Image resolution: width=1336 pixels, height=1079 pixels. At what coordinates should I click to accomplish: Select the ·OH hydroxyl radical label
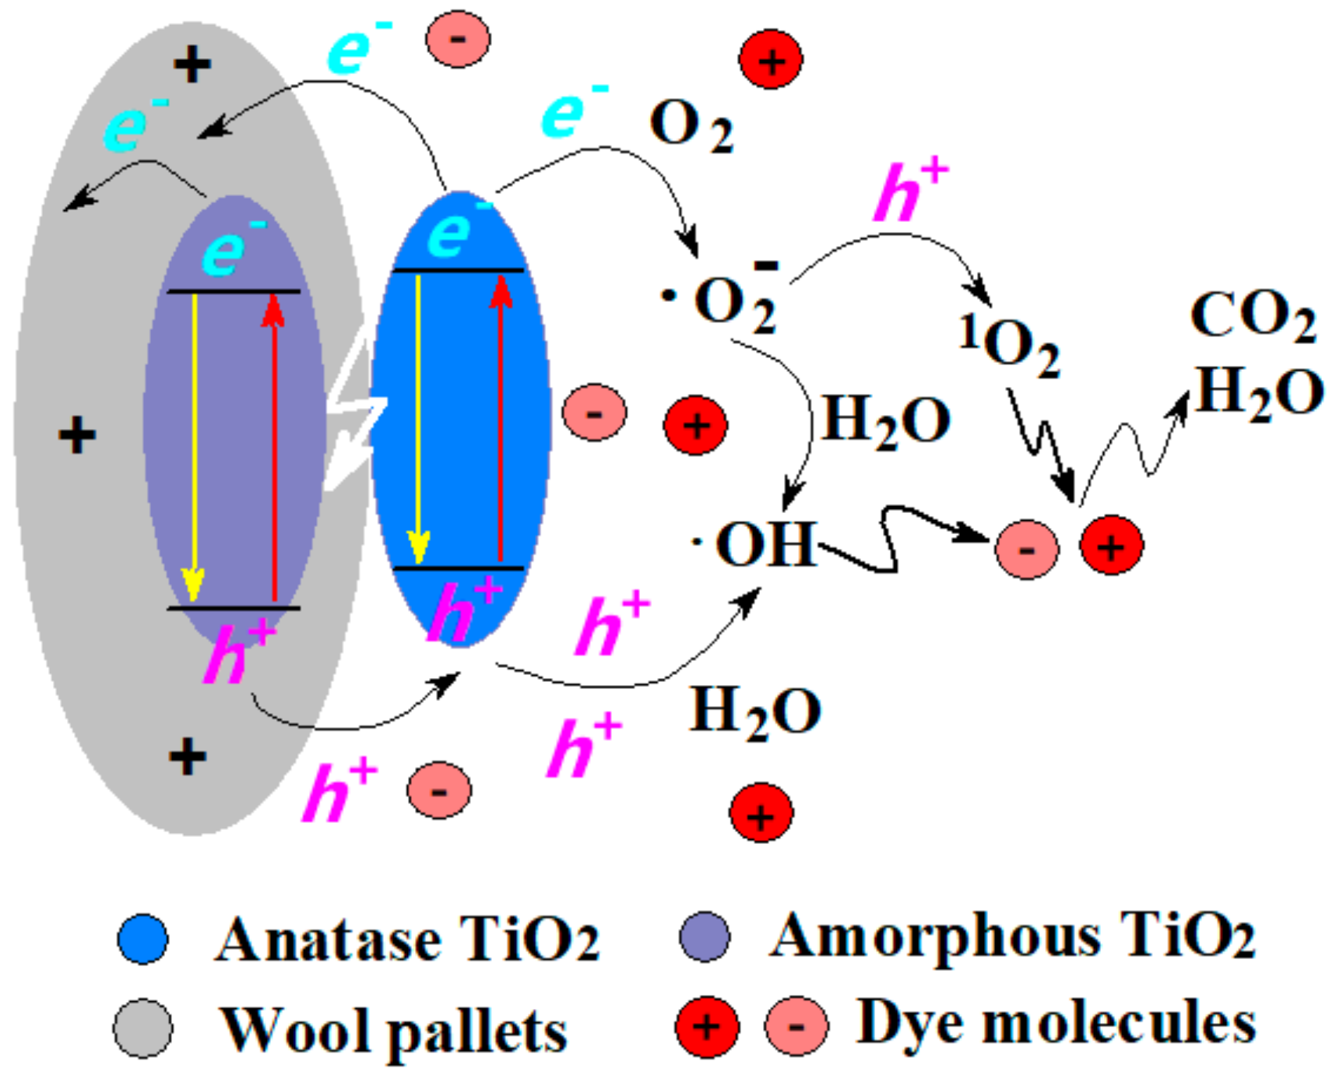coord(754,544)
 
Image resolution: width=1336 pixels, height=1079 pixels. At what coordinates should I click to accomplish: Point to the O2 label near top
coord(690,126)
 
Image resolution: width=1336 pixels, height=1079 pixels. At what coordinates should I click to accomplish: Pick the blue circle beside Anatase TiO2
coord(142,939)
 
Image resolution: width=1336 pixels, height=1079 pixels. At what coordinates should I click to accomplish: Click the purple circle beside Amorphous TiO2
coord(704,936)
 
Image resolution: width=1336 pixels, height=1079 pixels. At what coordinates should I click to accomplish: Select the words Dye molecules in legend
coord(1056,1022)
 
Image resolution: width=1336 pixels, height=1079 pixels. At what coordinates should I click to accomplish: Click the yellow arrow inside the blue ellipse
coord(419,420)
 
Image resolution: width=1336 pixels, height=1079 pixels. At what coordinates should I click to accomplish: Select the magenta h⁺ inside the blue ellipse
coord(462,611)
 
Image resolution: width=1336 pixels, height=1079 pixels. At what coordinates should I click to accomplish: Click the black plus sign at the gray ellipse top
coord(192,64)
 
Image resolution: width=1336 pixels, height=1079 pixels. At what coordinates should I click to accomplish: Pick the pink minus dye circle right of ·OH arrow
coord(1026,550)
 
